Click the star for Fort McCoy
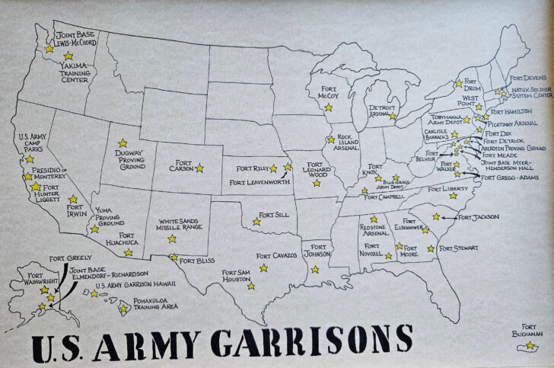click(x=329, y=107)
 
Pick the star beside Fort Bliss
click(x=174, y=258)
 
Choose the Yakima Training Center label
click(x=78, y=71)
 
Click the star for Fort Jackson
click(x=436, y=216)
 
